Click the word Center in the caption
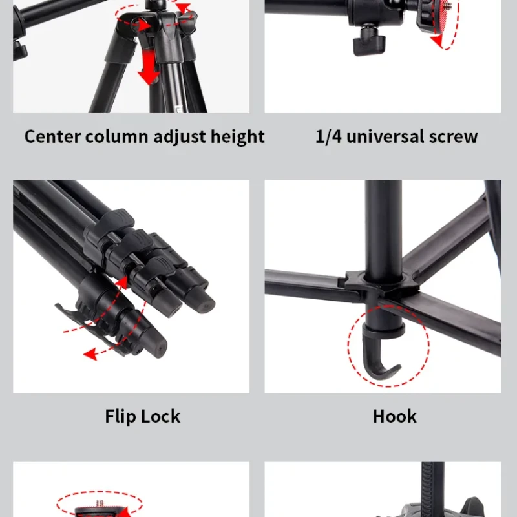(52, 136)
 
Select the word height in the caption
(237, 137)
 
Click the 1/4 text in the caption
(328, 136)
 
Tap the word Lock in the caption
(161, 416)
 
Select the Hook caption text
(394, 416)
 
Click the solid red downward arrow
(149, 67)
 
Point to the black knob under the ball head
(368, 41)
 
